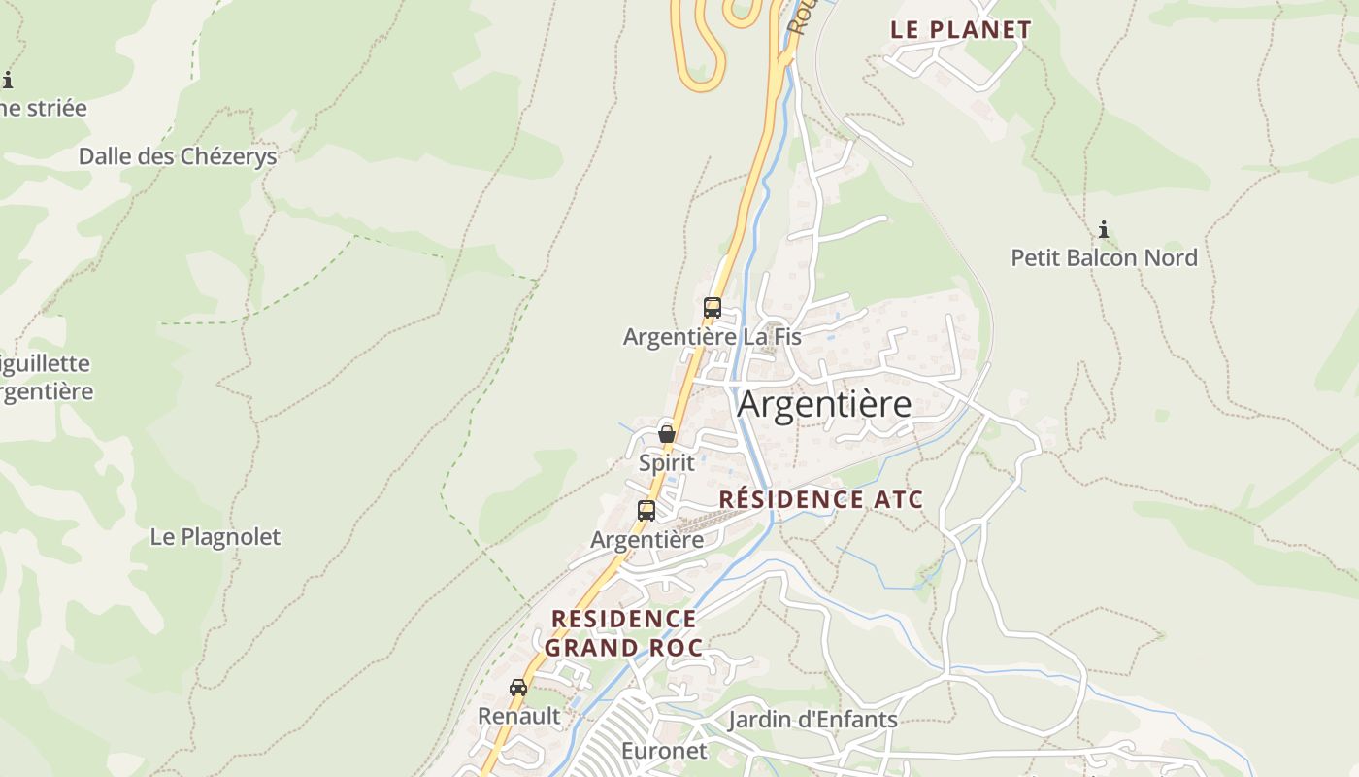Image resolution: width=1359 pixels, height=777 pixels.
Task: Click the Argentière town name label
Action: tap(824, 404)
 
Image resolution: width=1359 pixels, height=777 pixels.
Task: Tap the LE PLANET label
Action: tap(960, 29)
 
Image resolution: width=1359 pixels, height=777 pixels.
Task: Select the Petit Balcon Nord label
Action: tap(1104, 257)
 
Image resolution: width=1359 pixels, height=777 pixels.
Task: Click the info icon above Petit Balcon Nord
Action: tap(1104, 230)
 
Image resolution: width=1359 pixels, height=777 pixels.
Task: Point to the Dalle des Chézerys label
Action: tap(178, 156)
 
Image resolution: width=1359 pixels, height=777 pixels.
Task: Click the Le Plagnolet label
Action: tap(215, 536)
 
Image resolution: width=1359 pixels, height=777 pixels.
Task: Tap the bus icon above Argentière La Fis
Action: tap(713, 308)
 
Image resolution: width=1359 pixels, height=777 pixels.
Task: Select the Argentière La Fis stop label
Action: tap(712, 337)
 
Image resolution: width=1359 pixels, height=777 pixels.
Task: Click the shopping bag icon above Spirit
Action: tap(667, 433)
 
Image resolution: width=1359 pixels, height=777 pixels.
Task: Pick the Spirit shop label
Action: tap(667, 462)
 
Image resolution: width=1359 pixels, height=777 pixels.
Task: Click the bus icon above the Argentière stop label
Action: tap(646, 510)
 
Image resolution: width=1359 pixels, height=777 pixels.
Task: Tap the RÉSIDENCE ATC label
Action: tap(820, 500)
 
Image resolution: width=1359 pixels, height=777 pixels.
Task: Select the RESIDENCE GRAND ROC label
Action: tap(622, 633)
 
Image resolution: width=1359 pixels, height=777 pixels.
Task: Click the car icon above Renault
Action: tap(518, 687)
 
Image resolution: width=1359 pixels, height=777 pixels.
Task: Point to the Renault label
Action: tap(518, 716)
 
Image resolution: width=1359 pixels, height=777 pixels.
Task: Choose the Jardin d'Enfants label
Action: tap(812, 720)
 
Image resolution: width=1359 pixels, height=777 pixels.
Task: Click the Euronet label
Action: tap(664, 751)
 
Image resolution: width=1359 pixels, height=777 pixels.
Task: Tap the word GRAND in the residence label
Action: tap(589, 648)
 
